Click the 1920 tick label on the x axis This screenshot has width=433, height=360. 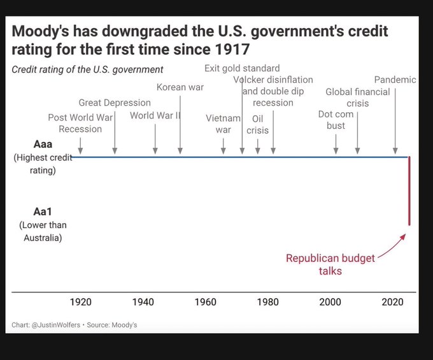coord(80,301)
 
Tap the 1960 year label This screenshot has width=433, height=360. coord(206,301)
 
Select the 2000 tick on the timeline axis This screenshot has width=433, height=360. coord(330,301)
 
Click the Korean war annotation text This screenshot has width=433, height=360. coord(180,87)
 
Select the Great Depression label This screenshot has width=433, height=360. coord(115,103)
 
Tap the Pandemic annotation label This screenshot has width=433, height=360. coord(395,80)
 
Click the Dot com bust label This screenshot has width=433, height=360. coord(336,120)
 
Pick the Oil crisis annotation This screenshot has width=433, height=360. coord(258,124)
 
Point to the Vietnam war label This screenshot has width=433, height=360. coord(223,124)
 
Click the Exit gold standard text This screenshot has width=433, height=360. coord(242,68)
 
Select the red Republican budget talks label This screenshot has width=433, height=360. coord(330,264)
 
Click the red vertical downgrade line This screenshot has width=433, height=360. coord(409,191)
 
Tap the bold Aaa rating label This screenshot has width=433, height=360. coord(34,144)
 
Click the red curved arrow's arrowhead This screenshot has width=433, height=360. coord(403,235)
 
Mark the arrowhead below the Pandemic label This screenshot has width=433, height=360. coord(395,151)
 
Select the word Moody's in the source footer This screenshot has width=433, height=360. coord(124,325)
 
